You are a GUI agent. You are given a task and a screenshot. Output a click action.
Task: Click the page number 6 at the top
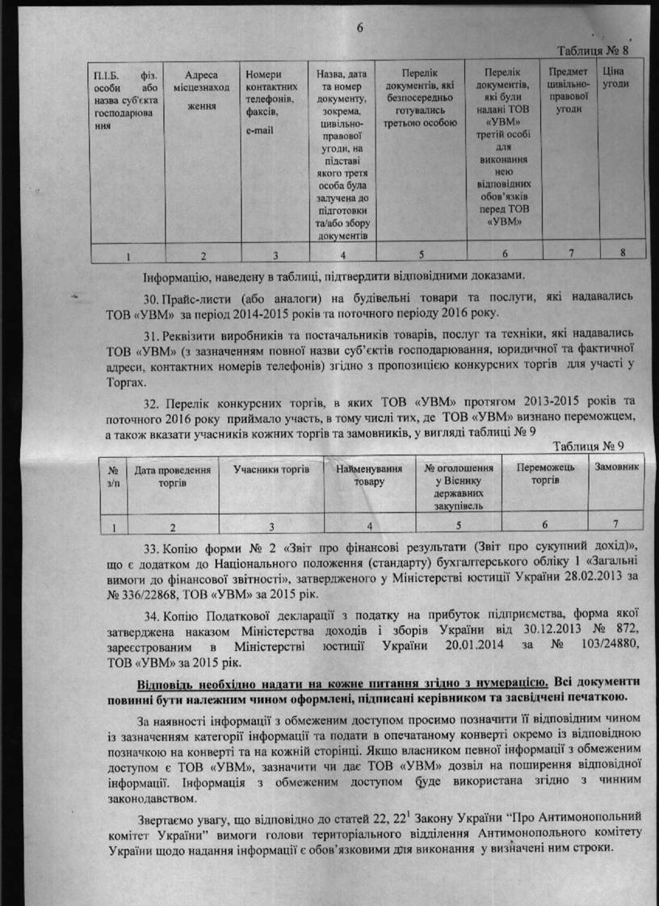click(361, 26)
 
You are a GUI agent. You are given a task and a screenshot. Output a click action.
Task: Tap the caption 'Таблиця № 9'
click(589, 447)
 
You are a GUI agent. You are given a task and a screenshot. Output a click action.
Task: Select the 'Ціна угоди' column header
click(611, 78)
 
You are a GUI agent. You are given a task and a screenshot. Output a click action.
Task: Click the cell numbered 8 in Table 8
click(622, 253)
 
